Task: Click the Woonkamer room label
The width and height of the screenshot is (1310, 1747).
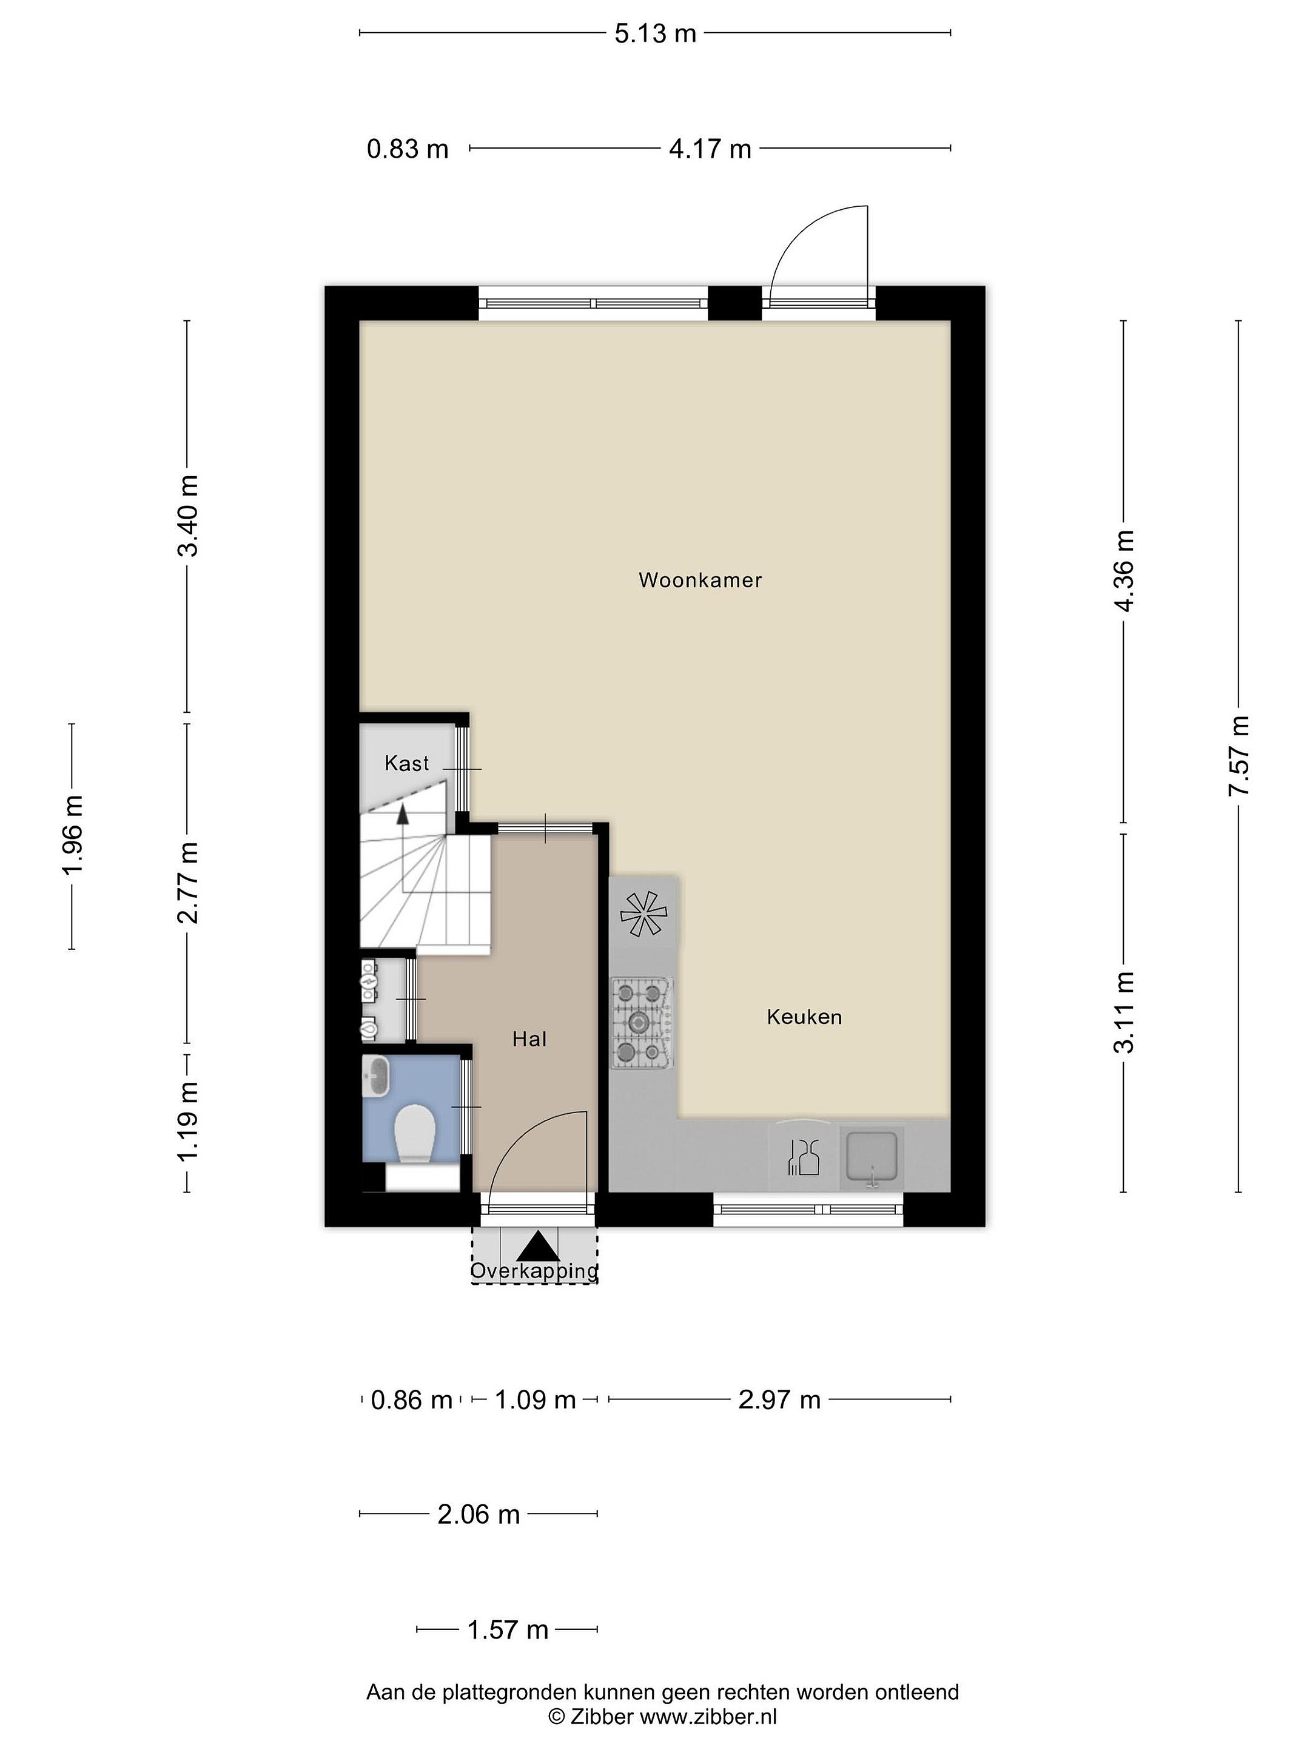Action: click(x=700, y=581)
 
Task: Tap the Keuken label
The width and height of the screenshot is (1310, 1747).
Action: click(x=804, y=1017)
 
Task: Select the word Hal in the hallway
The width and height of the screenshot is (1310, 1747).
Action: click(x=529, y=1039)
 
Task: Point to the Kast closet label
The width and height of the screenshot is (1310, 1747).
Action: click(x=407, y=763)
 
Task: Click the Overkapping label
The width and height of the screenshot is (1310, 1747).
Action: click(x=534, y=1271)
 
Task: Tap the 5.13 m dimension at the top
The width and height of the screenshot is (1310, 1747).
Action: click(x=656, y=33)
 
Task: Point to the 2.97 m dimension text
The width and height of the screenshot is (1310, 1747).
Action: click(x=779, y=1400)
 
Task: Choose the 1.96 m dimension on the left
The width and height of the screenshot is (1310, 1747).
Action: click(x=73, y=836)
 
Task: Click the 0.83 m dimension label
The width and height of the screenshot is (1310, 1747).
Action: click(x=408, y=149)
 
